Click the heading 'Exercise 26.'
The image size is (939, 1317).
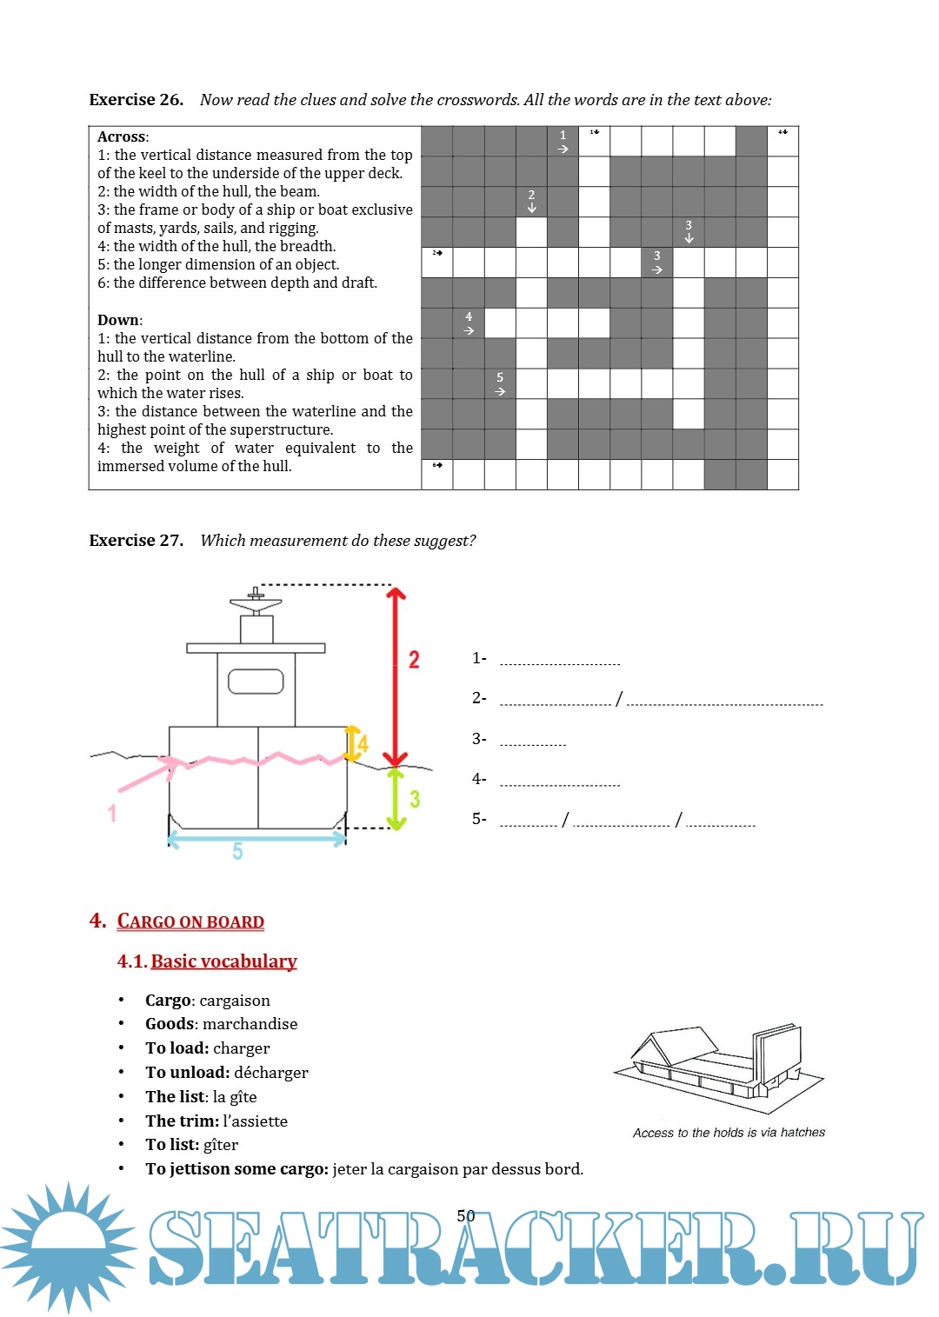(136, 100)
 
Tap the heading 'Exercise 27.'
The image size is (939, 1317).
(136, 541)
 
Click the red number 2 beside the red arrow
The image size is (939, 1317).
(414, 660)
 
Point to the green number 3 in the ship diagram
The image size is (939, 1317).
(415, 799)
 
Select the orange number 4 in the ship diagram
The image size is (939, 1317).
(363, 744)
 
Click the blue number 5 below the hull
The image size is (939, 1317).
(237, 851)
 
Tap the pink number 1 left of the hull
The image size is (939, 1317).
(112, 813)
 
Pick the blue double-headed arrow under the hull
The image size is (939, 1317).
(256, 838)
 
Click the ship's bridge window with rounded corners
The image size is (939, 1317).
(256, 682)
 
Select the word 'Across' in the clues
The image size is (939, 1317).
(122, 137)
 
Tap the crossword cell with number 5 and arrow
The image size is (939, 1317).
(500, 383)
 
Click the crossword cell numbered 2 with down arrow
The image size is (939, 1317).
(531, 201)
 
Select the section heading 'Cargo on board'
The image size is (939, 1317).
(190, 921)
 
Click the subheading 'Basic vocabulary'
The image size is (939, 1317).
(223, 961)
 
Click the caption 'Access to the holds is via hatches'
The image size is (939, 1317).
(729, 1133)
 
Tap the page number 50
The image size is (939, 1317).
(466, 1215)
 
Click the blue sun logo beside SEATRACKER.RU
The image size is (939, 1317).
(68, 1247)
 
